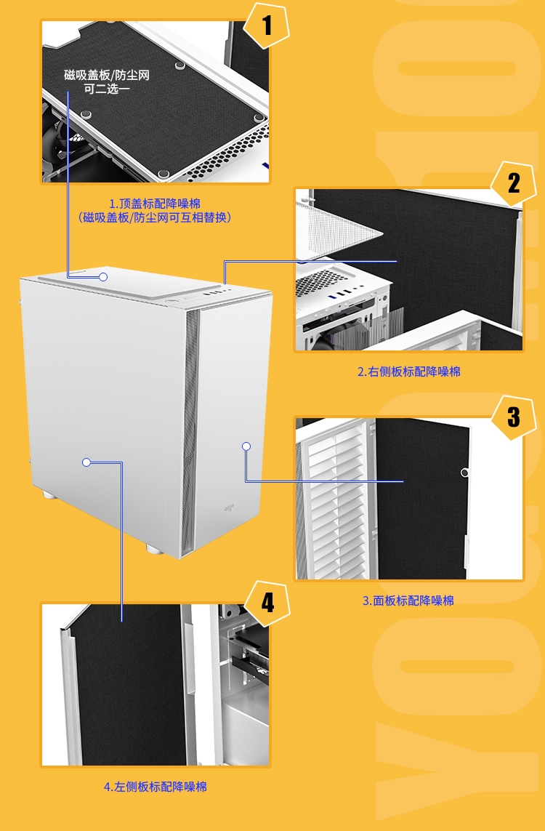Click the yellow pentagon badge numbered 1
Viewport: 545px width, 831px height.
267,25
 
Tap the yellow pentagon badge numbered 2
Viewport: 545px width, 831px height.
514,184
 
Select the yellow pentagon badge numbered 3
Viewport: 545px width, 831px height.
514,417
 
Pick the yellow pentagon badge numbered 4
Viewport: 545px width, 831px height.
267,603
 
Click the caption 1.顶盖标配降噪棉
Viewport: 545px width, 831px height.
155,204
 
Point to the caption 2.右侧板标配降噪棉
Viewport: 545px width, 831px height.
409,372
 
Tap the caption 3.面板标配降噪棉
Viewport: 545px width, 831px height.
408,601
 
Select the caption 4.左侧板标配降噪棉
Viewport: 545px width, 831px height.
156,787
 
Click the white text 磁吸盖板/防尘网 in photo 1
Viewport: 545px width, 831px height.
107,75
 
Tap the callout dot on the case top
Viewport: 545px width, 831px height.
103,277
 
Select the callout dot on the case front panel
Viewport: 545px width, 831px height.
246,446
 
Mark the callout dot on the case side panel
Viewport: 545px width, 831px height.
86,462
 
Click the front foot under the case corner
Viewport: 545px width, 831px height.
156,549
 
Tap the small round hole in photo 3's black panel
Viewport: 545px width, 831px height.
464,472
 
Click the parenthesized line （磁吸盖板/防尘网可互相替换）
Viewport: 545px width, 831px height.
155,217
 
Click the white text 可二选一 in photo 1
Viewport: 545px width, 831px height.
107,89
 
